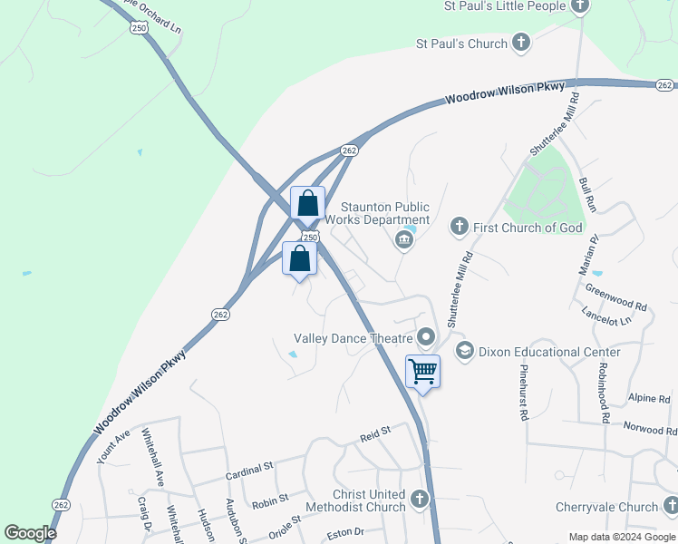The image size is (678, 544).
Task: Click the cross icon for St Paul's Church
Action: [521, 42]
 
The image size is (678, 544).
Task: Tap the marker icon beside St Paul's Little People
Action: [581, 6]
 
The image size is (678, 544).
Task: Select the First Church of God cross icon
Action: [460, 226]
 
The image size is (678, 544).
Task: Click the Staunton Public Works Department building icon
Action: [403, 240]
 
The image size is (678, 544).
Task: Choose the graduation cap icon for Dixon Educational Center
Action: [465, 351]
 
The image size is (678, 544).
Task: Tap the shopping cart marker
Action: [422, 371]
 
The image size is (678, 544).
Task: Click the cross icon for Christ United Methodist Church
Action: [419, 499]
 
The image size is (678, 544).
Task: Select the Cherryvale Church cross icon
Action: [670, 506]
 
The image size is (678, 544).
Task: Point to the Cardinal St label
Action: [249, 469]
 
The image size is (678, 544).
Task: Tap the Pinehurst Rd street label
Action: [523, 393]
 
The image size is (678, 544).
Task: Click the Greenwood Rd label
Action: [615, 299]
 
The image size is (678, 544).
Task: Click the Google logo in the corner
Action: [29, 533]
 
